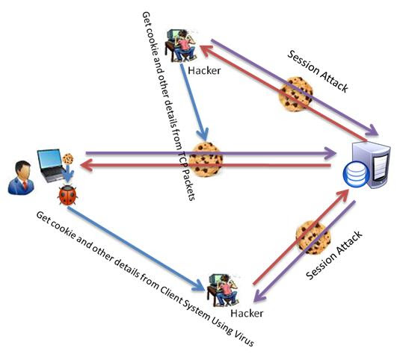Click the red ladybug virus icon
[x=67, y=195]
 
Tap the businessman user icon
[x=21, y=178]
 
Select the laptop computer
[x=52, y=166]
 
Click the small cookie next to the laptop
[x=68, y=159]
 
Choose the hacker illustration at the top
[x=180, y=46]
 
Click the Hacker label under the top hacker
[x=204, y=70]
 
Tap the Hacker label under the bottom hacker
[x=247, y=313]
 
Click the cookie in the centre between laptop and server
[x=206, y=159]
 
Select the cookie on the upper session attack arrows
[x=295, y=94]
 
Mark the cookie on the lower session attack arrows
[x=313, y=238]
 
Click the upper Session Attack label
[x=318, y=71]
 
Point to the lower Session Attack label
[x=334, y=255]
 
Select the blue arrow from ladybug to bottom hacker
[x=136, y=249]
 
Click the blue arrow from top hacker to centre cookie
[x=194, y=102]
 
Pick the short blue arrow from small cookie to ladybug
[x=68, y=173]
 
